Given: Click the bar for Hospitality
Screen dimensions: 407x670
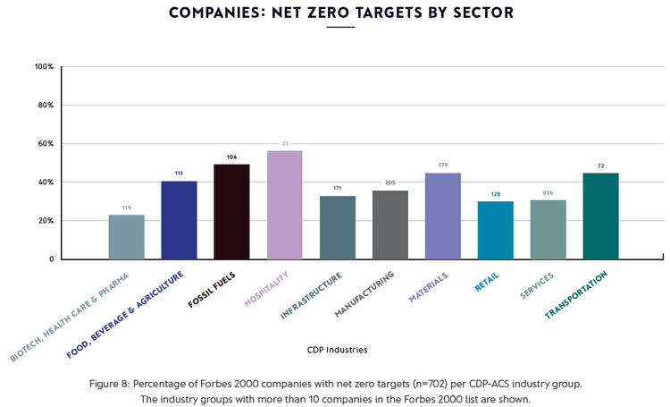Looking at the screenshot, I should pyautogui.click(x=284, y=205).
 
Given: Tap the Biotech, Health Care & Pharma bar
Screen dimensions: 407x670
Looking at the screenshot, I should pyautogui.click(x=126, y=237).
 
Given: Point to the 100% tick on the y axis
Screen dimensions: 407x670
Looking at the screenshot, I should pyautogui.click(x=44, y=67).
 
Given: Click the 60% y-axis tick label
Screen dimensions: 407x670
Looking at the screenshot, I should pyautogui.click(x=46, y=144).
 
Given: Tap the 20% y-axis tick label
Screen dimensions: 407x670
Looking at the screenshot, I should pyautogui.click(x=46, y=221).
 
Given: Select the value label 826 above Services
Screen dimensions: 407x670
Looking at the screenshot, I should pyautogui.click(x=548, y=193).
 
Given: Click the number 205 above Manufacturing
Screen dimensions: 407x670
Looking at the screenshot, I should pyautogui.click(x=389, y=182).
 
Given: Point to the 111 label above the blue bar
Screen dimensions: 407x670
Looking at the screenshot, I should pyautogui.click(x=179, y=174).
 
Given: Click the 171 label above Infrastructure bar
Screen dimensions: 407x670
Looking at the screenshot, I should pyautogui.click(x=337, y=189).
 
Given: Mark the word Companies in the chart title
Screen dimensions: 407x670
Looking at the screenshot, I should pyautogui.click(x=204, y=13).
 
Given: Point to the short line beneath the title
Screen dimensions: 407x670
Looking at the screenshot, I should pyautogui.click(x=340, y=28).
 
